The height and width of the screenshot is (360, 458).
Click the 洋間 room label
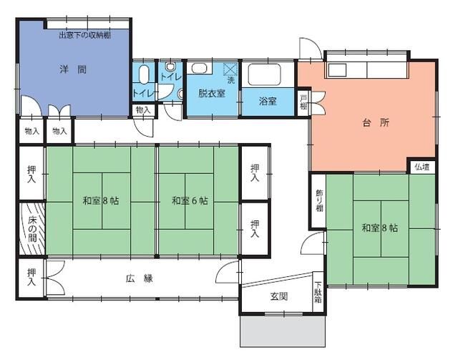coord(73,69)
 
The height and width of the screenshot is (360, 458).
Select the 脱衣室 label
coord(213,94)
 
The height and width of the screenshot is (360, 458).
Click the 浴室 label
coord(268,102)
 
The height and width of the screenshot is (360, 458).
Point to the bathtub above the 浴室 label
coord(266,74)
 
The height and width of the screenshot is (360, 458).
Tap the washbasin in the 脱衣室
coord(199,70)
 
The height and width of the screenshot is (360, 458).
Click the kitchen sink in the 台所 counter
coord(338,71)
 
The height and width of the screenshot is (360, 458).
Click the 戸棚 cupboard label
coord(303,101)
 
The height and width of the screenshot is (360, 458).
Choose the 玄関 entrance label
coord(278,296)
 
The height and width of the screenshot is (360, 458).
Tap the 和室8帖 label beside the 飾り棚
coord(379,228)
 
